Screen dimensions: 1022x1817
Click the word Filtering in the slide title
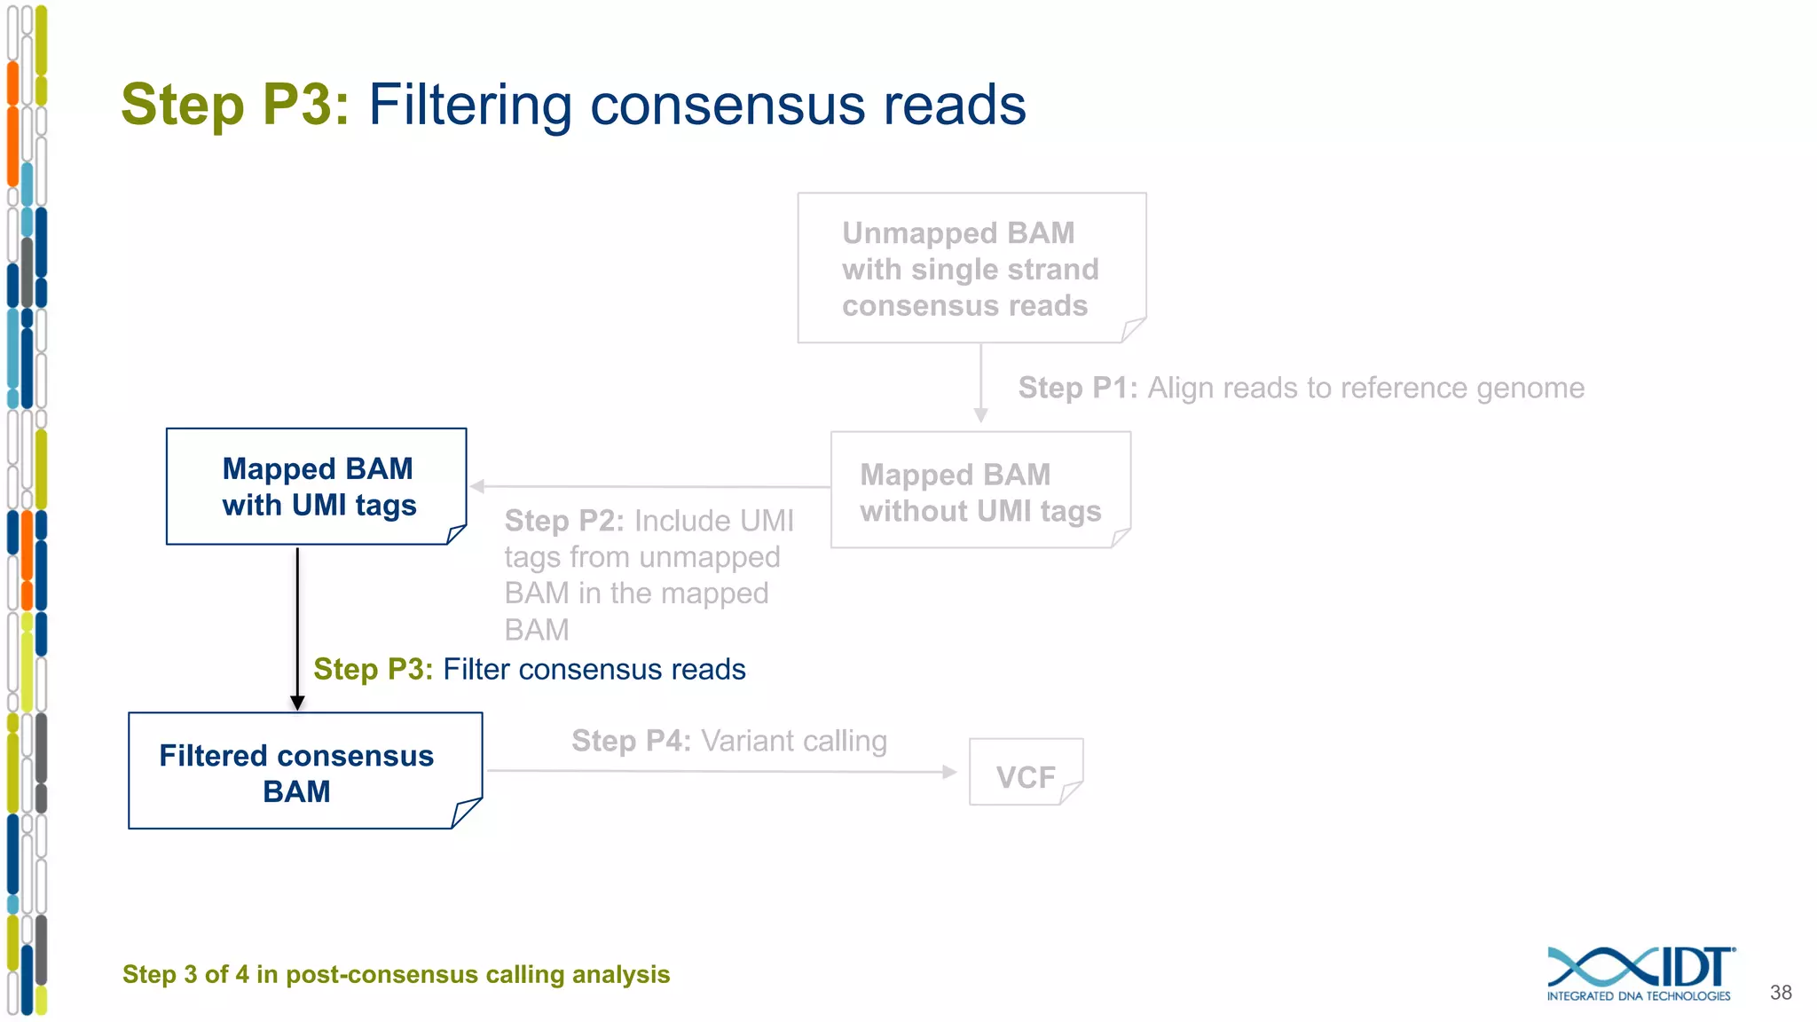click(x=470, y=105)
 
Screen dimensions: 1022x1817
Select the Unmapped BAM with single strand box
click(x=971, y=268)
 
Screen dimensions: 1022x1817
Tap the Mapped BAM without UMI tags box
click(x=980, y=491)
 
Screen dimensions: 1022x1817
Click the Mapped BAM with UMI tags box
click(x=317, y=486)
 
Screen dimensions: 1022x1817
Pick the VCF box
click(x=1026, y=773)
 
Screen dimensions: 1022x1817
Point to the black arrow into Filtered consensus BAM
click(x=297, y=630)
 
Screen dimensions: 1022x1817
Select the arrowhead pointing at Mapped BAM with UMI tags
click(x=478, y=486)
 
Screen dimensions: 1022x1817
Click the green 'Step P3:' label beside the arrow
click(x=373, y=669)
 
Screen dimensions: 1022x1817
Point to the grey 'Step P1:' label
click(x=1077, y=388)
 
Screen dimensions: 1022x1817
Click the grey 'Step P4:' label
click(x=631, y=741)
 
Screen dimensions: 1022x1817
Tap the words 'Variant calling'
click(x=794, y=741)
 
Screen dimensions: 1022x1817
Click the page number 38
click(x=1781, y=993)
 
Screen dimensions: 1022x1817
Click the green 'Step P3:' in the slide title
click(x=235, y=105)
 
